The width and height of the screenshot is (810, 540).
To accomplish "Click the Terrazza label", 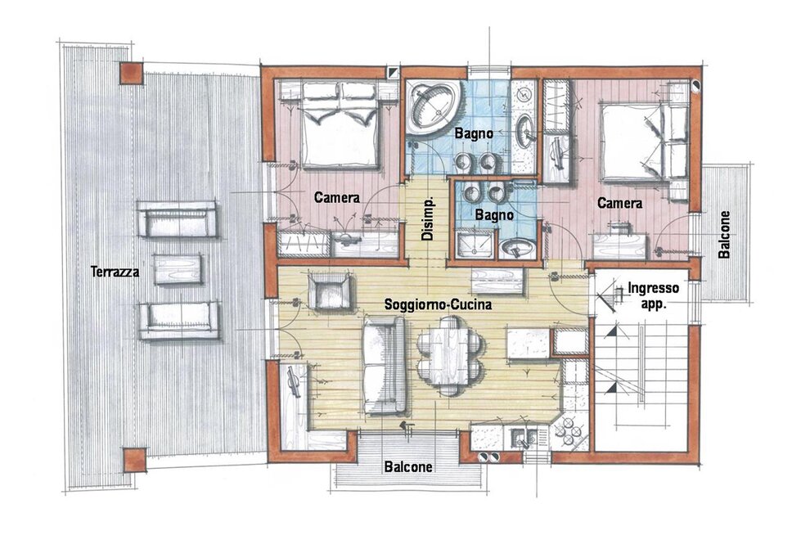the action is coord(115,272).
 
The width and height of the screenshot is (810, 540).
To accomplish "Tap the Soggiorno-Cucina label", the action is coord(438,305).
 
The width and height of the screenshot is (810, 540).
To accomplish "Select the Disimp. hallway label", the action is coord(428,219).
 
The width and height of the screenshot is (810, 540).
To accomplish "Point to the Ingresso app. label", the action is coord(653,295).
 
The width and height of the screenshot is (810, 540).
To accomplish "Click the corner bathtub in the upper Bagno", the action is coord(432,107).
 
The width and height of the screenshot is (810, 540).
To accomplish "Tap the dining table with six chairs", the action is coord(449,356).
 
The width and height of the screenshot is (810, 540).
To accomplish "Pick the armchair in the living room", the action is coord(331,292).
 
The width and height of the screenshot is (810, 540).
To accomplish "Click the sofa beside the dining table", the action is coord(385,366).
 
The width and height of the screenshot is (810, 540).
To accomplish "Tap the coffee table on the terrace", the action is coord(178,269).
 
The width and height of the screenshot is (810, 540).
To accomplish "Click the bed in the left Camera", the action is coord(340,125).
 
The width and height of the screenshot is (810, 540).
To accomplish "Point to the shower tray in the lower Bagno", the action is coord(475,244).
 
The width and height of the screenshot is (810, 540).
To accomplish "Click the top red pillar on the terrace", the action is coord(132,74).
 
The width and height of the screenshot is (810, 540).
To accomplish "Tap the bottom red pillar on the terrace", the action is coord(134,460).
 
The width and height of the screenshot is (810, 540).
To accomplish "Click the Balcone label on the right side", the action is coord(724,234).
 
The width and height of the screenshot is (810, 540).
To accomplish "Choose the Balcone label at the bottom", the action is coord(408,467).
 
